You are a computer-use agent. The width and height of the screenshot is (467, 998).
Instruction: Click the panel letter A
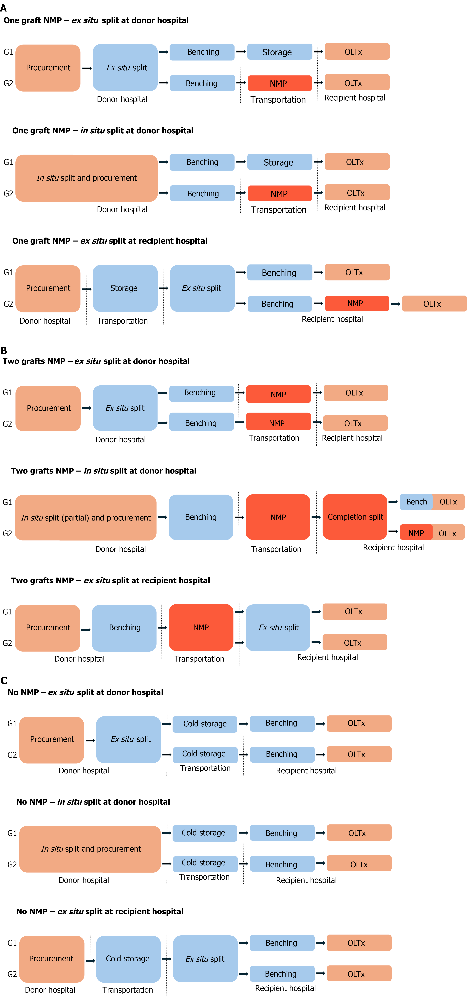coord(4,8)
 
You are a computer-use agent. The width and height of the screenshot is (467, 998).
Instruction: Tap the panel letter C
coord(4,680)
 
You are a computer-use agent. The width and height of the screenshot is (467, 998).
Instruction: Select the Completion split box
coord(355,517)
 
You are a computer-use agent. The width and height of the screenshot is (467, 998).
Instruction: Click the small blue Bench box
coord(416,502)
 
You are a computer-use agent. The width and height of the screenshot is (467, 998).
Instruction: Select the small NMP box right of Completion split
coord(416,533)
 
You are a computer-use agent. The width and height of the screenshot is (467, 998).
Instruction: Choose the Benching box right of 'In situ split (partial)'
coord(201,517)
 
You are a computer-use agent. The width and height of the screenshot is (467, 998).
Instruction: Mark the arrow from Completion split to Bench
coord(393,502)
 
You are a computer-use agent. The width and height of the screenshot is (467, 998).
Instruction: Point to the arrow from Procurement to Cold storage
coord(90,961)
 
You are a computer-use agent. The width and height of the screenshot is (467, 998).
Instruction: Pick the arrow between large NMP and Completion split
coord(316,517)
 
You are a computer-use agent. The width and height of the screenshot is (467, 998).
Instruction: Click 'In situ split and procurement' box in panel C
coord(90,849)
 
